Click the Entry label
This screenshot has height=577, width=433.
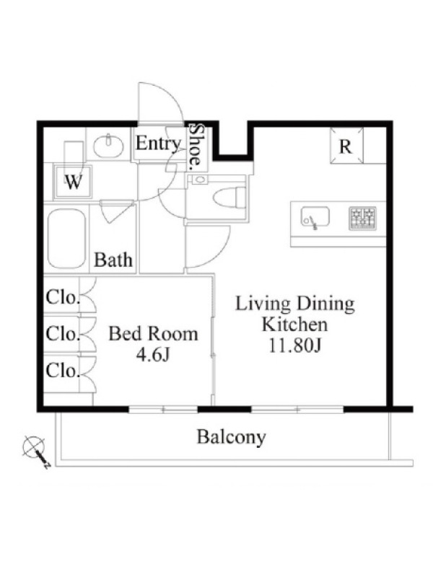click(158, 143)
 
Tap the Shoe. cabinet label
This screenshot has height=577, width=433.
click(196, 146)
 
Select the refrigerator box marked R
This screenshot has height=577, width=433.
click(346, 145)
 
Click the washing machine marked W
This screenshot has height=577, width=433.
click(74, 182)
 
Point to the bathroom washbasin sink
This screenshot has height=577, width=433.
click(108, 146)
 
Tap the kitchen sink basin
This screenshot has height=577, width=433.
click(315, 217)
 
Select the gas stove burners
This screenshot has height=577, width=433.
click(363, 219)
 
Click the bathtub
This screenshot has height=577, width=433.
click(66, 239)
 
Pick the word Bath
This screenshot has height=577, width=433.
click(113, 260)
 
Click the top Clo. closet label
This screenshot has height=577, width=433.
click(63, 297)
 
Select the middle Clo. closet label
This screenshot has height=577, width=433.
click(63, 333)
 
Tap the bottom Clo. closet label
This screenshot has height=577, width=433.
click(63, 370)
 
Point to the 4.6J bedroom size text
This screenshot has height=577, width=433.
click(153, 355)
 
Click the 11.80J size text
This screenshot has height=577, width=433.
click(295, 345)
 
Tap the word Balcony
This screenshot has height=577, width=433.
click(231, 437)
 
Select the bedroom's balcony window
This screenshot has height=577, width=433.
click(164, 409)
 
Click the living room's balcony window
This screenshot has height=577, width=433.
click(297, 409)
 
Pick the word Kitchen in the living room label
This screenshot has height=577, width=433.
click(294, 325)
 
